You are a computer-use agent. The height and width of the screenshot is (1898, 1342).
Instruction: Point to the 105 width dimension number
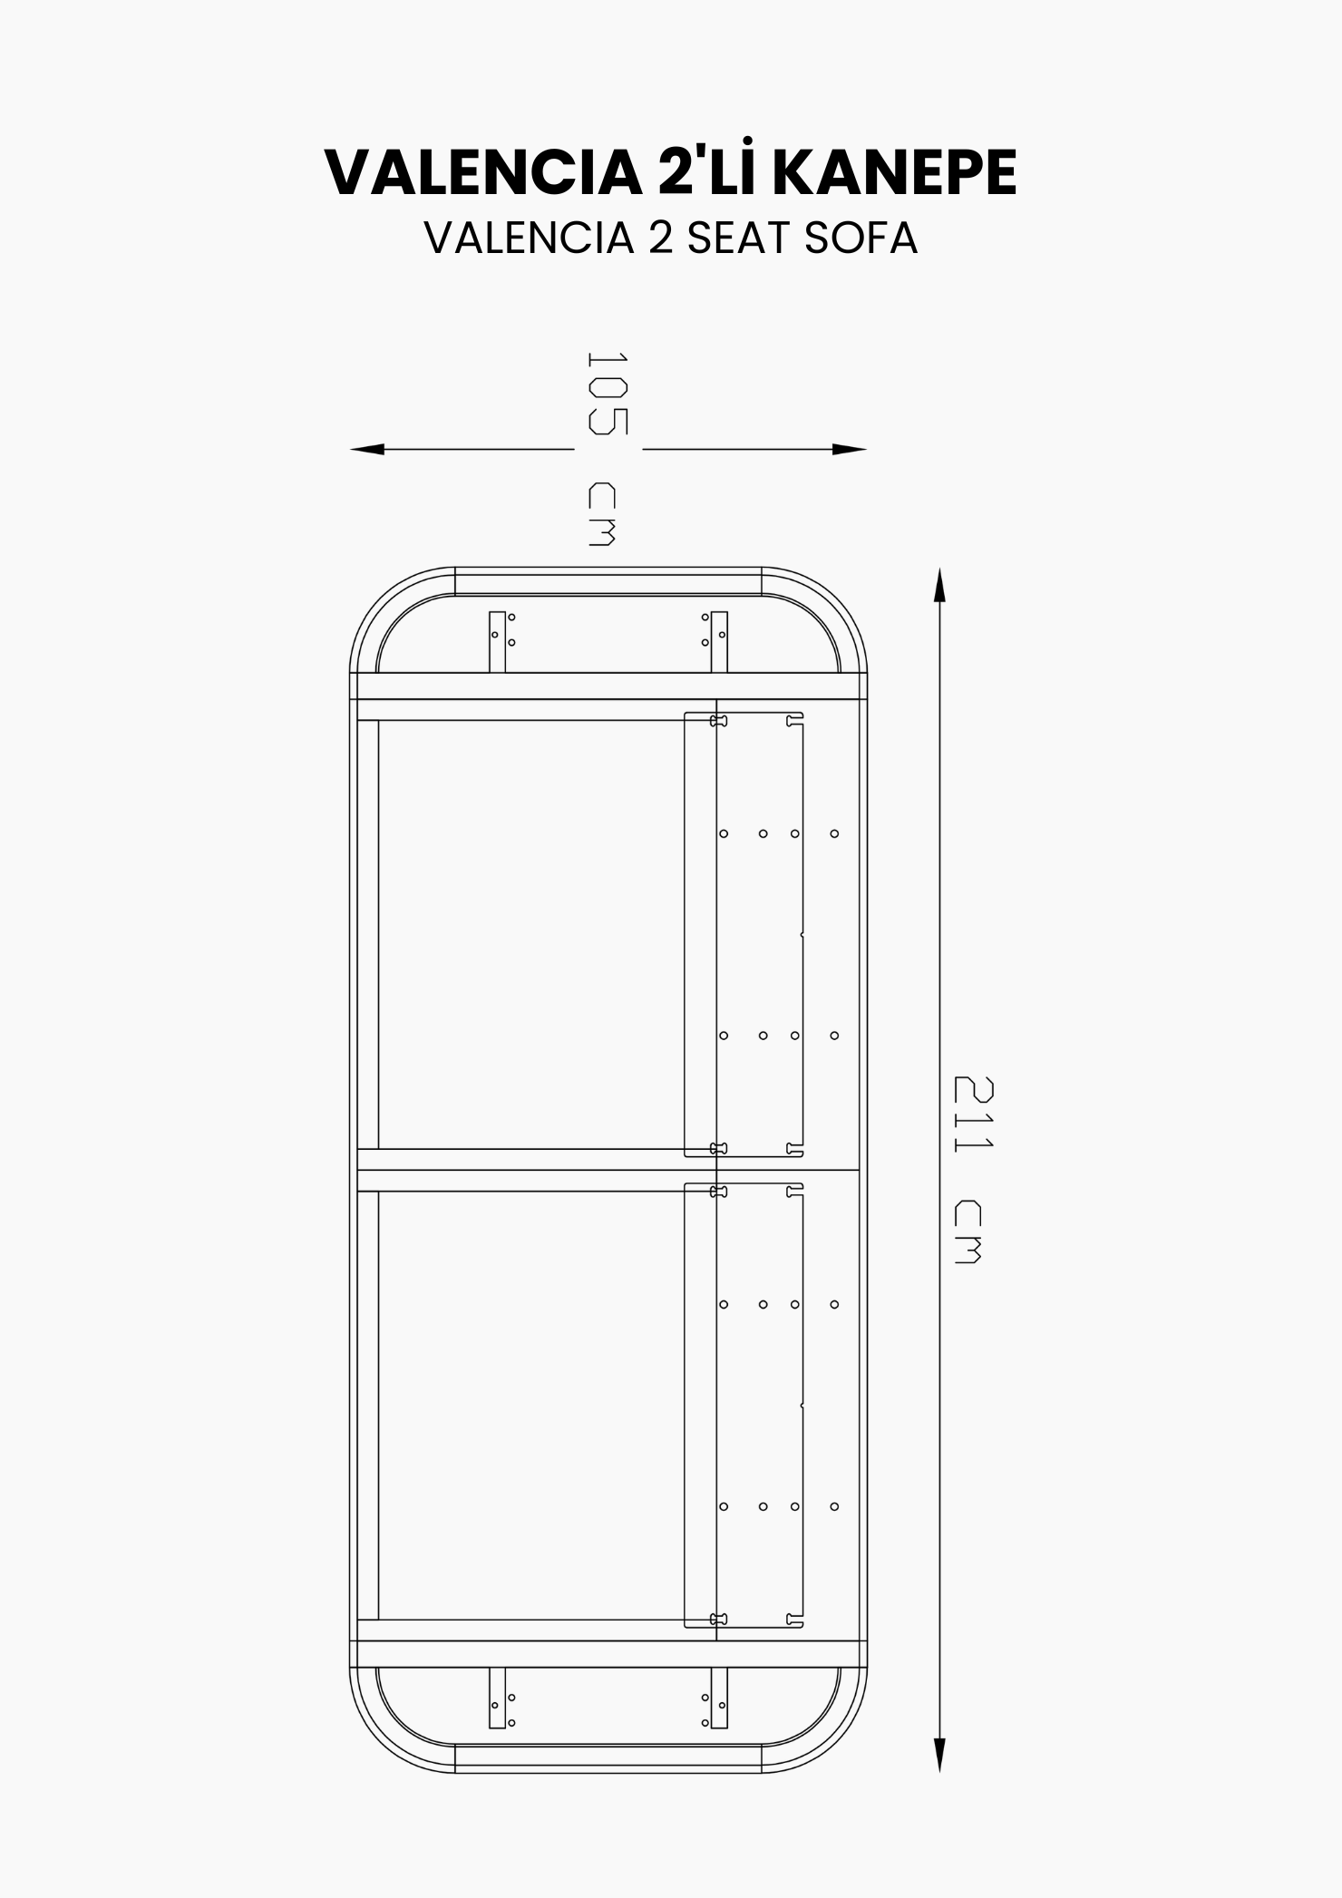tap(607, 393)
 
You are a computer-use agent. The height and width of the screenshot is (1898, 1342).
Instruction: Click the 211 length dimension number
tap(974, 1114)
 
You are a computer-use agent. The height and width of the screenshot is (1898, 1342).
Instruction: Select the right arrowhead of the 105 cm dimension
tap(850, 449)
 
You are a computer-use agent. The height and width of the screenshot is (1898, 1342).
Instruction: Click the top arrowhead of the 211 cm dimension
tap(939, 585)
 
